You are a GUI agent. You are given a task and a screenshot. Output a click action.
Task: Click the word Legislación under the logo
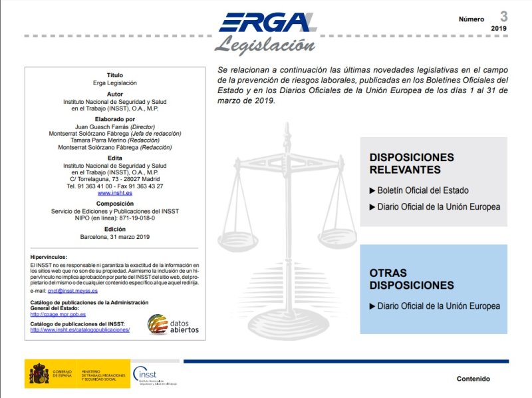[265, 45]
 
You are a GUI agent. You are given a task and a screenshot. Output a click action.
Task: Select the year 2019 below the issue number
[499, 29]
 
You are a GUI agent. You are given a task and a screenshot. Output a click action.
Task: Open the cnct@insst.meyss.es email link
[72, 291]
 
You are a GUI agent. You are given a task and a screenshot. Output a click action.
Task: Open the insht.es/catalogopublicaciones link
[80, 329]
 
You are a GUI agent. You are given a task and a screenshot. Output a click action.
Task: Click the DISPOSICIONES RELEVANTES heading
[412, 163]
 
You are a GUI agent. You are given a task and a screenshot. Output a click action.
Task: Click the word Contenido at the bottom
[473, 379]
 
